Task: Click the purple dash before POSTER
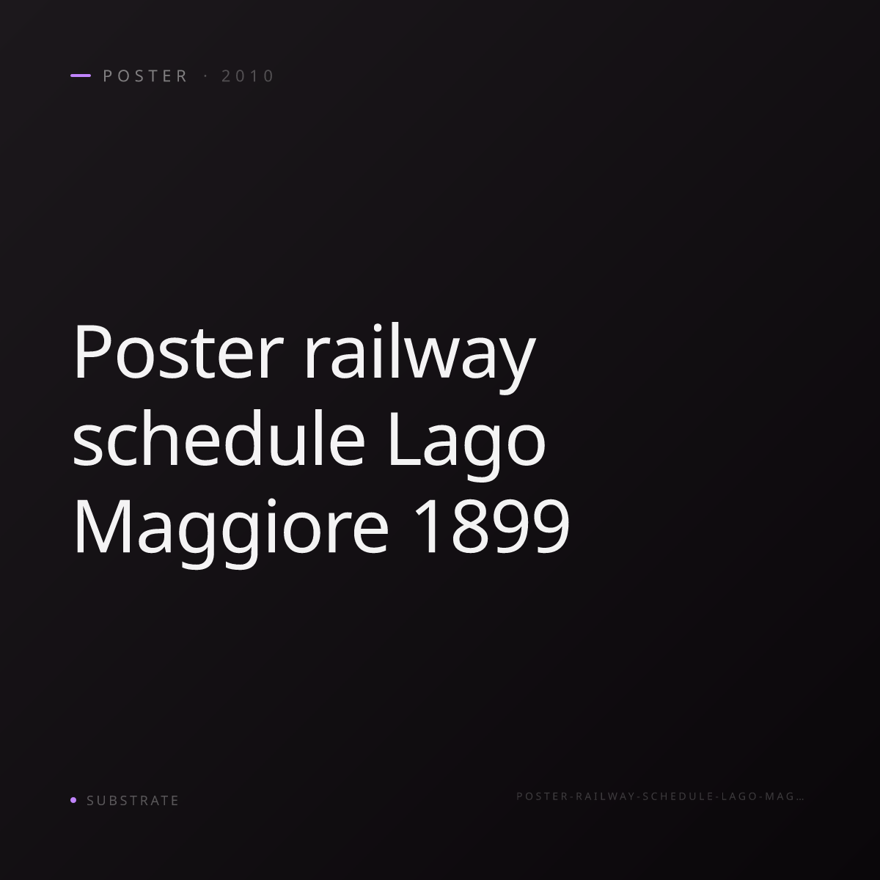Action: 81,76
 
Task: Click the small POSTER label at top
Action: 144,76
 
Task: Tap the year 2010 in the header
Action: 248,76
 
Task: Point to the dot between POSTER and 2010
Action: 205,76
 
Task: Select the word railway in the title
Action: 419,358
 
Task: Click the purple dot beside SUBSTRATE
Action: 73,799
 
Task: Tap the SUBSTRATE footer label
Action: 133,800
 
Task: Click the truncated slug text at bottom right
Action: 660,796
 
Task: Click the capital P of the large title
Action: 92,352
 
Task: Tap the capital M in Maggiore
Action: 103,527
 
